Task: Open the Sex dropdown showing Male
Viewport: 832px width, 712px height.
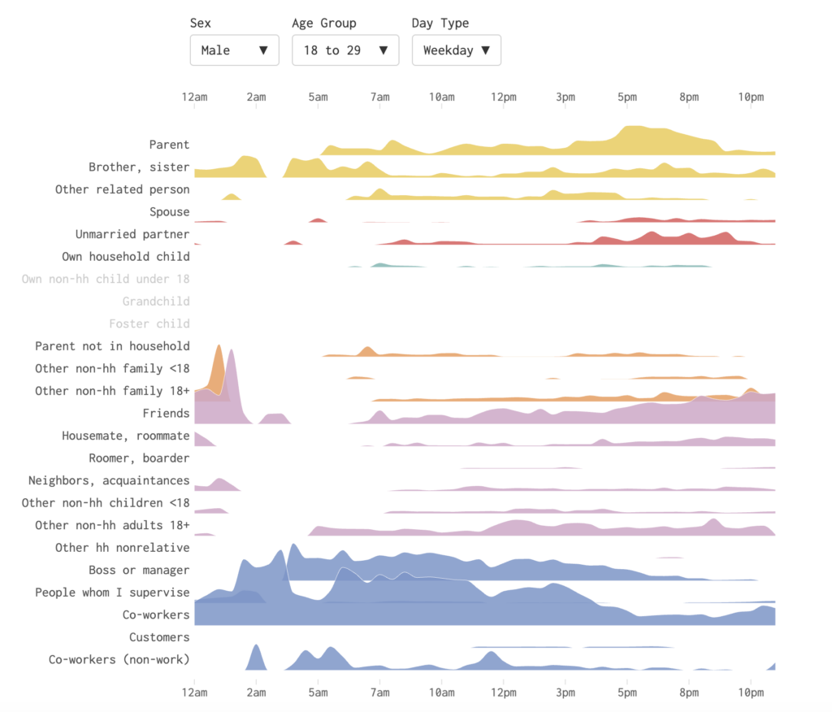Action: (234, 50)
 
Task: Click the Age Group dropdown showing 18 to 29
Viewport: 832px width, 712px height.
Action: (345, 50)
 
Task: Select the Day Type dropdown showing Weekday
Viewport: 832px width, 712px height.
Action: (456, 50)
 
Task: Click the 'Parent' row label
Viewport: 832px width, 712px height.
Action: (169, 145)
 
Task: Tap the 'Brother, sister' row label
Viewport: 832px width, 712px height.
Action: (139, 167)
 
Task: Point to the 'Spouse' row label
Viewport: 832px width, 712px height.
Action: (169, 212)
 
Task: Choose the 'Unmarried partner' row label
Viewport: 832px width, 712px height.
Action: (132, 234)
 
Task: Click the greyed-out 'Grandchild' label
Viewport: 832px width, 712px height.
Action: (156, 302)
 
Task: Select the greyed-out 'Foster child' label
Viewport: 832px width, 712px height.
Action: (149, 323)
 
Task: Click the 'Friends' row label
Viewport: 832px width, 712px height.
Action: (166, 413)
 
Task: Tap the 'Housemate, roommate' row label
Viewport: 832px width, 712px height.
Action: (126, 436)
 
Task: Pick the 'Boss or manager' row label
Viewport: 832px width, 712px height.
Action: (139, 570)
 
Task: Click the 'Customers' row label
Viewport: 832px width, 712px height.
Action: (159, 637)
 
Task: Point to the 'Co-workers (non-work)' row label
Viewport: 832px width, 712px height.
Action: (119, 659)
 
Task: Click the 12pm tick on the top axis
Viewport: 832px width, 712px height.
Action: (504, 98)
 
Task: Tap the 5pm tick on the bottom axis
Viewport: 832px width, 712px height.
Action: (627, 692)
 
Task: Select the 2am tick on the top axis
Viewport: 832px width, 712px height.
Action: (256, 98)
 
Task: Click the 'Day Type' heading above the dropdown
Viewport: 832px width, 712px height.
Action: (440, 23)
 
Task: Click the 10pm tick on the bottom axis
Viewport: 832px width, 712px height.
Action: (751, 692)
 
